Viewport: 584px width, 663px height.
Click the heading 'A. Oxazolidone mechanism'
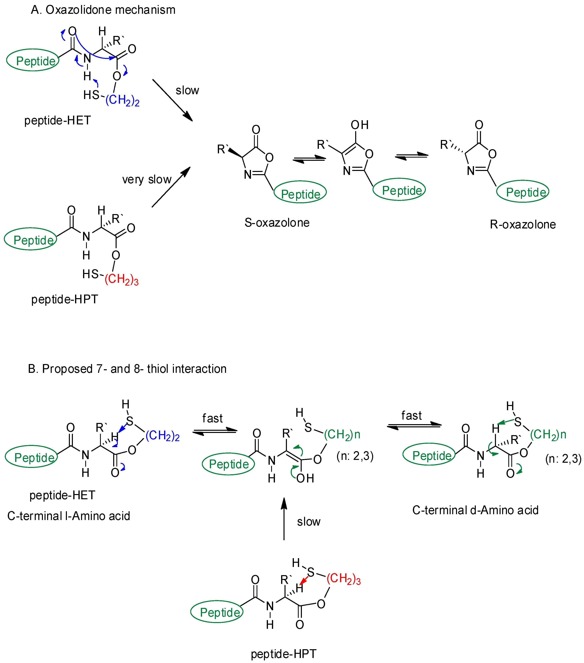tap(103, 10)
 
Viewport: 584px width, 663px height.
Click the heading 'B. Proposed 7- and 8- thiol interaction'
tap(127, 369)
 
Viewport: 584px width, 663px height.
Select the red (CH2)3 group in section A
tap(121, 279)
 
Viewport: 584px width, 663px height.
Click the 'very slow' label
tap(147, 179)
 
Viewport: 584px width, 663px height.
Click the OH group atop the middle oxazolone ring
tap(359, 125)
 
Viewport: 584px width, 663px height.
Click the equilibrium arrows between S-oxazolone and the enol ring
tap(309, 159)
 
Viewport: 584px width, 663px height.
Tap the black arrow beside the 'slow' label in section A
tap(173, 100)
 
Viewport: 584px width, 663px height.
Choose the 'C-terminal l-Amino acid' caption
tap(68, 516)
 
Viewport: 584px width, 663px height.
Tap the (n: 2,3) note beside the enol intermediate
tap(355, 456)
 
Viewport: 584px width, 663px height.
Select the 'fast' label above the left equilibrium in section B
tap(212, 418)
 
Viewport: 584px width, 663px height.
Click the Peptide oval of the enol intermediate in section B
tap(228, 464)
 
